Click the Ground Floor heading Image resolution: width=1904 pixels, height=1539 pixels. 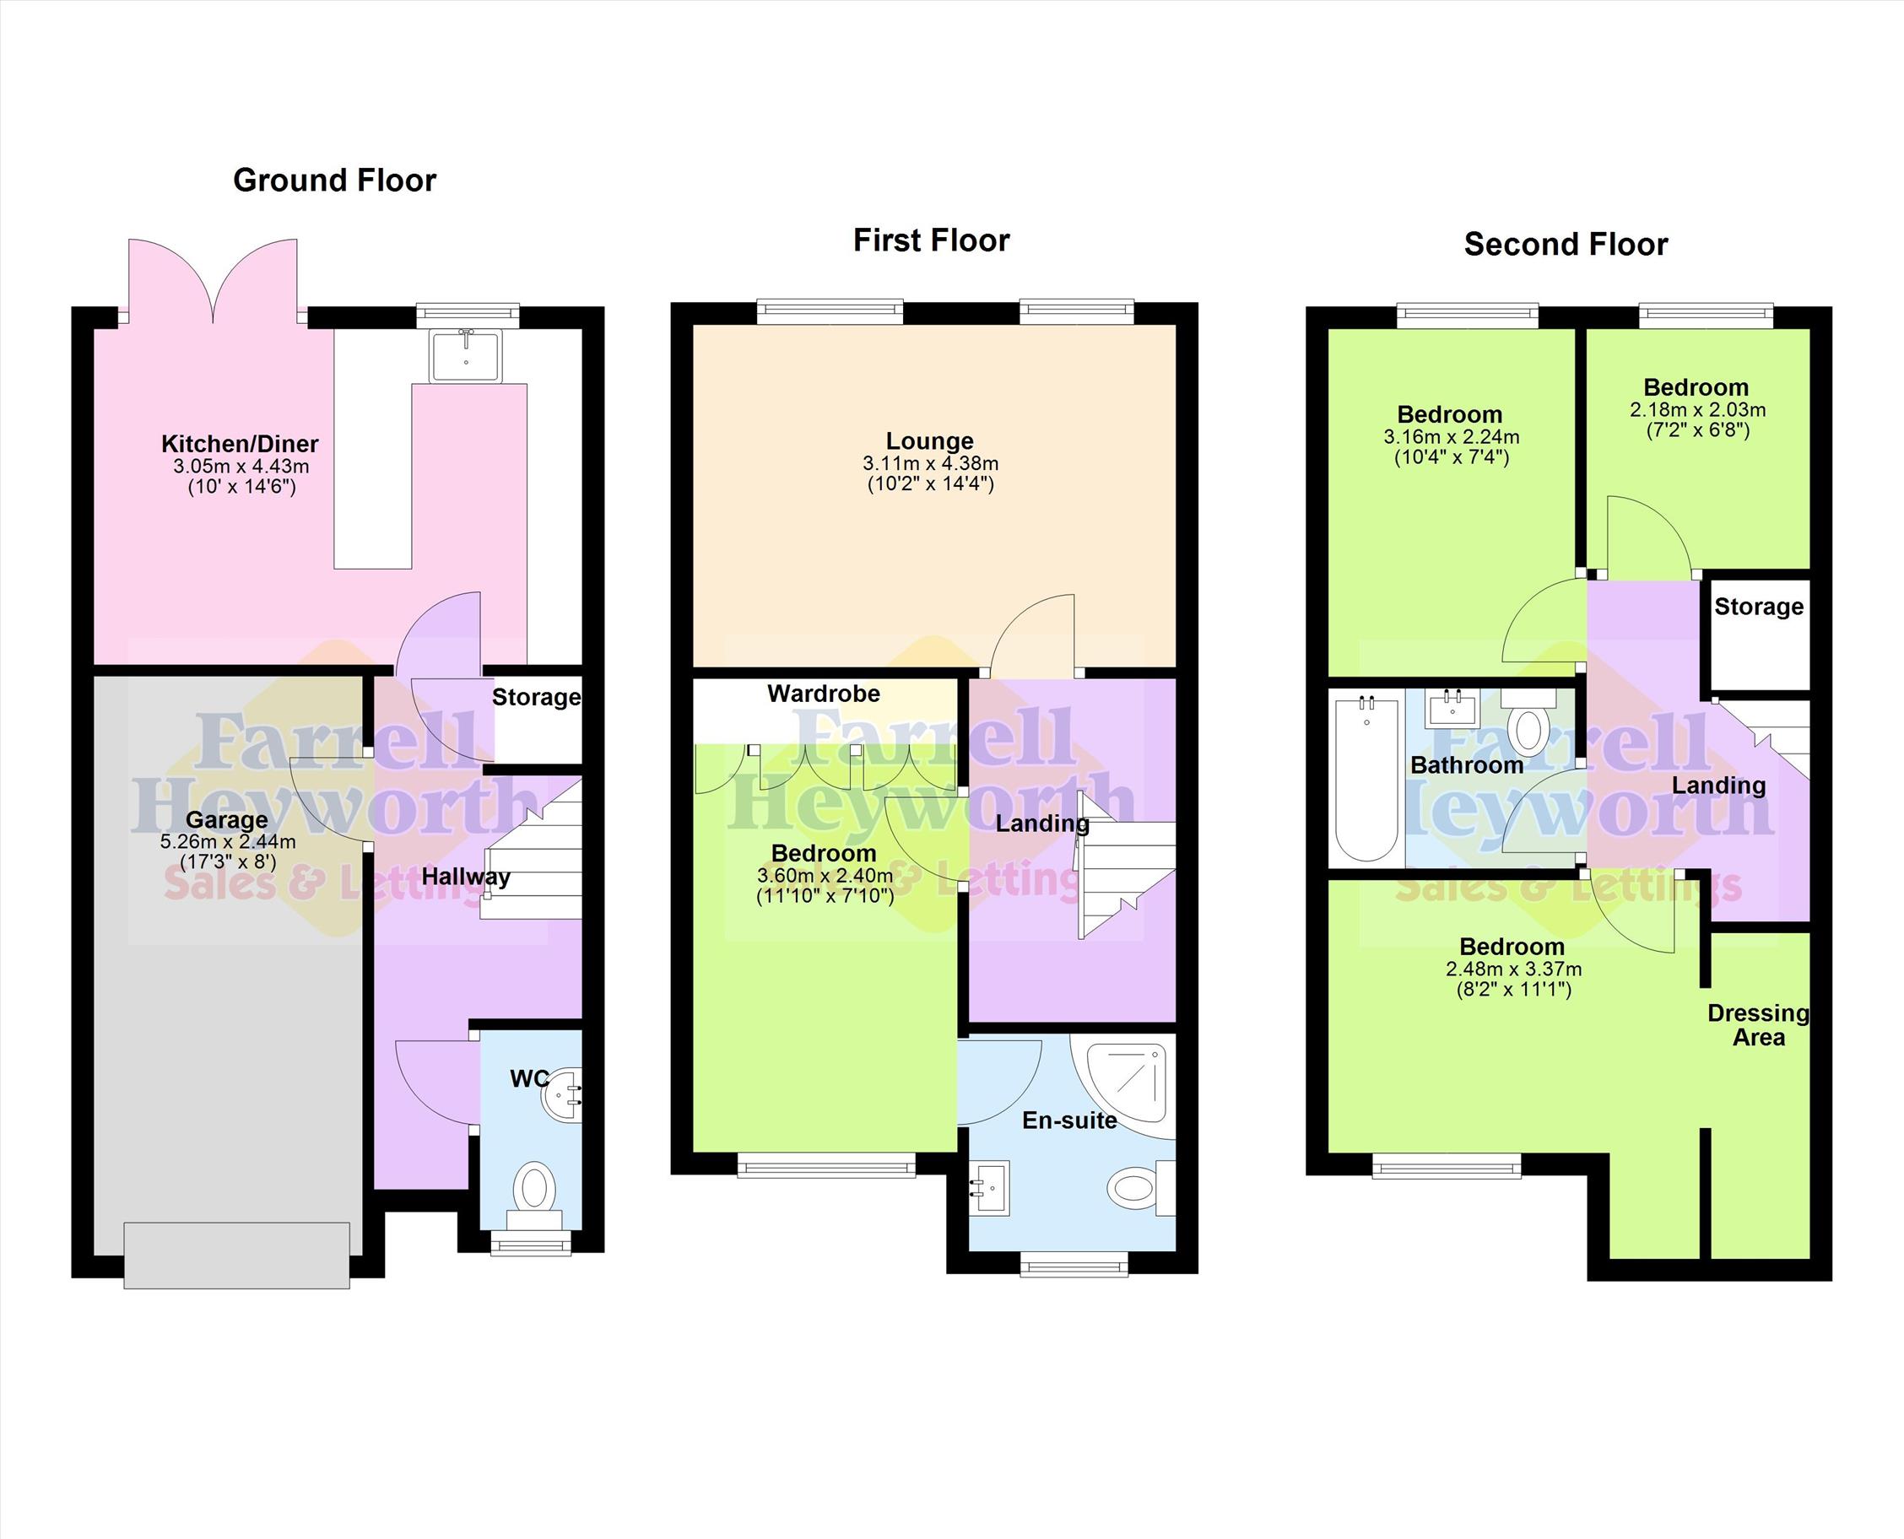(x=334, y=181)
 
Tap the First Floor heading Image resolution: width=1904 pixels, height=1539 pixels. (x=931, y=240)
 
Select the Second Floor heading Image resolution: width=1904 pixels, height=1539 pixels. (x=1566, y=244)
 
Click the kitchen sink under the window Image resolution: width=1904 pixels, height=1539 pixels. (x=466, y=355)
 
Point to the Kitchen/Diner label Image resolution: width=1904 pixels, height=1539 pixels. (x=240, y=443)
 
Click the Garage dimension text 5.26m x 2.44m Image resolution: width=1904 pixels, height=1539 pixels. (x=228, y=841)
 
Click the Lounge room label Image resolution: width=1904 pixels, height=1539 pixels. (x=929, y=440)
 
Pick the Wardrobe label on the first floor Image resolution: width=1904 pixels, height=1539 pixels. (x=824, y=694)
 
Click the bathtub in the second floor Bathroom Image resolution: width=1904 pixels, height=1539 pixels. (x=1366, y=780)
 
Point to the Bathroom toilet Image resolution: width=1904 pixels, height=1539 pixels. (x=1528, y=722)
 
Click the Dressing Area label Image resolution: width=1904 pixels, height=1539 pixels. (x=1758, y=1025)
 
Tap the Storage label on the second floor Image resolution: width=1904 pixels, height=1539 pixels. (x=1759, y=607)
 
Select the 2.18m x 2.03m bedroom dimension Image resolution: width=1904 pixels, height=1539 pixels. (x=1697, y=410)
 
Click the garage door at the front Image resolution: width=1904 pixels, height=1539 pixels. (x=237, y=1255)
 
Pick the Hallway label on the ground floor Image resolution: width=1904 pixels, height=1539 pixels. (x=466, y=877)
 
